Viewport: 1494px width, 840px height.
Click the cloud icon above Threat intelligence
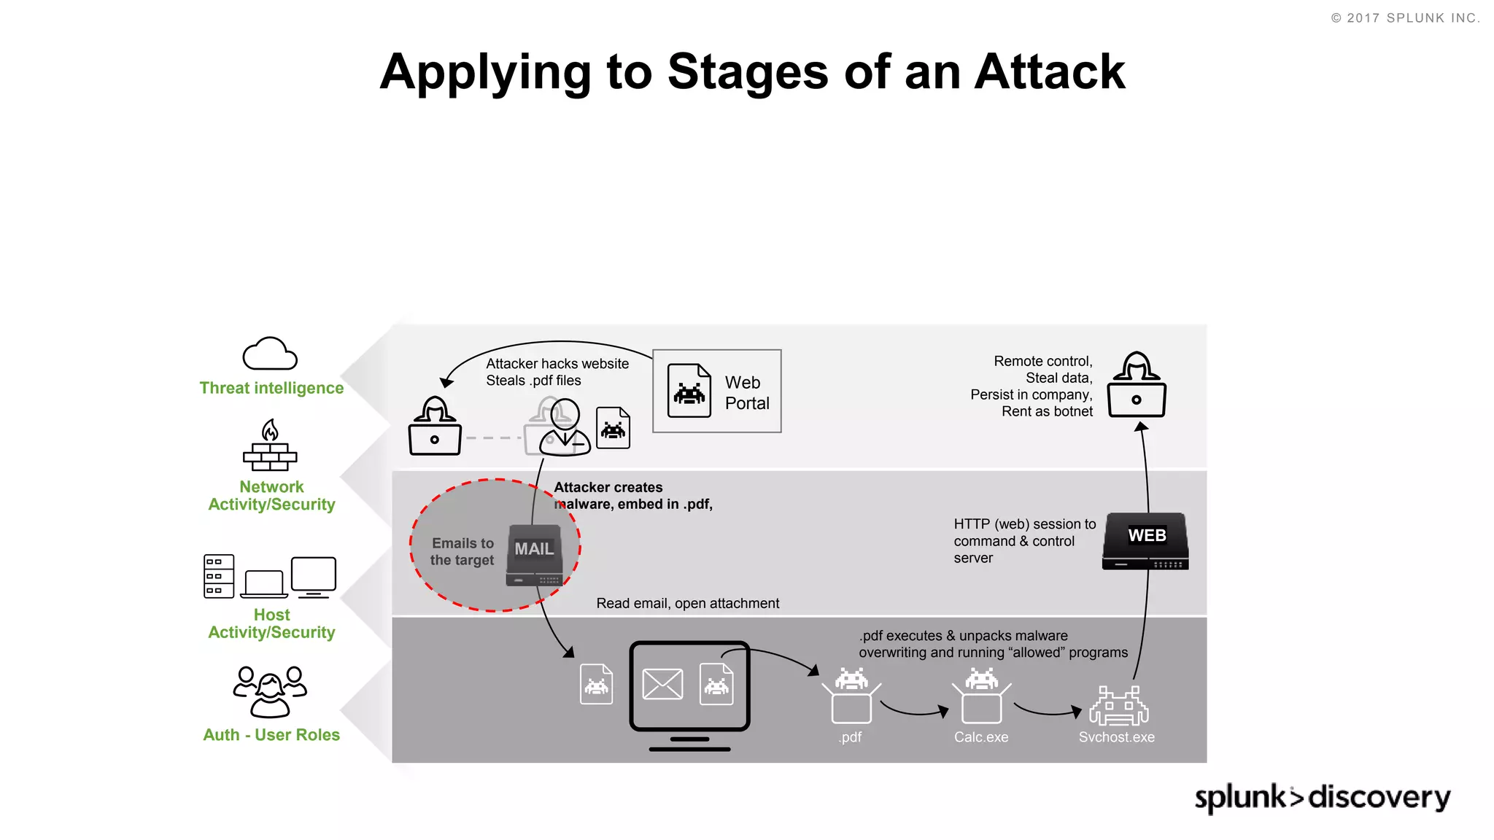[270, 354]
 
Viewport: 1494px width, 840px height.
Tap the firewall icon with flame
[270, 446]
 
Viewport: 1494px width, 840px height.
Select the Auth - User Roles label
[271, 735]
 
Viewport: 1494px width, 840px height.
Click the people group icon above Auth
[270, 692]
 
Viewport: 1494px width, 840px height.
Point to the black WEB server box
[1146, 541]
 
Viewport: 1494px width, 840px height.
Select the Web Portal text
[746, 393]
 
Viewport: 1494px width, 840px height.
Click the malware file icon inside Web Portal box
[689, 391]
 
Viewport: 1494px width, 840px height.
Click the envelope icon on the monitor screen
[662, 684]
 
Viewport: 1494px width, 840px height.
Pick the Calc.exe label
[981, 737]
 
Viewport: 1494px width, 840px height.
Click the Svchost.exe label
[1116, 737]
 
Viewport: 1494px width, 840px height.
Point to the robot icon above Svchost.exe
[1118, 706]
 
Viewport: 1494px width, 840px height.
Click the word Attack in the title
[1050, 72]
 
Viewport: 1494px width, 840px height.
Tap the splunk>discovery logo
[1322, 797]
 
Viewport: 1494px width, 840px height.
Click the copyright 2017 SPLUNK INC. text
[1405, 18]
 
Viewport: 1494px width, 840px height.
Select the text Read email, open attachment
[687, 604]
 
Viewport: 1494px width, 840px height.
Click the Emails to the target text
[462, 552]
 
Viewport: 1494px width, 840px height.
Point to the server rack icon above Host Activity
[219, 576]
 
